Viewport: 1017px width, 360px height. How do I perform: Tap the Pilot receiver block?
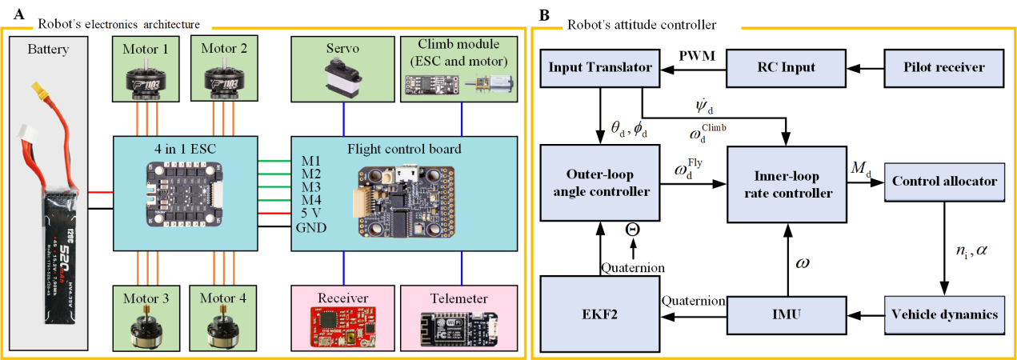point(943,68)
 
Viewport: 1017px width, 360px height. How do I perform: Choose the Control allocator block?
point(944,182)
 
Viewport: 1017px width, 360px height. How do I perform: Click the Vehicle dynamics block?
point(944,314)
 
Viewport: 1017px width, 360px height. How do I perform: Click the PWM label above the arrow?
point(692,57)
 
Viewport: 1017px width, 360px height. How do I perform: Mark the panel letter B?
point(544,14)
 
